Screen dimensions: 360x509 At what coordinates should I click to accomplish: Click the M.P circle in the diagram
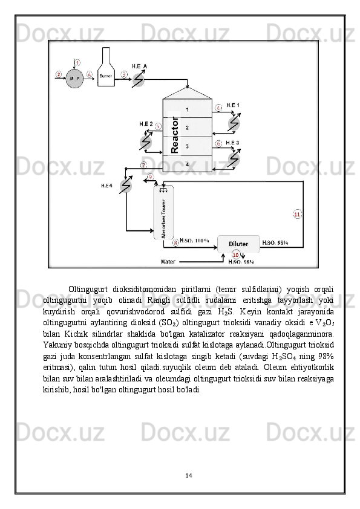click(75, 78)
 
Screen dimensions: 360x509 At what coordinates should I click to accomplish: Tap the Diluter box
click(238, 244)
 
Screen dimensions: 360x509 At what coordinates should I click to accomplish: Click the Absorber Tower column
click(163, 212)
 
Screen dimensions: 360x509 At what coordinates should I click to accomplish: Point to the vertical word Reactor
click(175, 135)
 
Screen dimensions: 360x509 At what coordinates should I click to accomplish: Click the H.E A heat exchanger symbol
click(138, 79)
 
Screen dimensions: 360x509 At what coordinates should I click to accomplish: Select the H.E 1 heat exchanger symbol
click(234, 122)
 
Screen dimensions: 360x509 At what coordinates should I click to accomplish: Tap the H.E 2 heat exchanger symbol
click(146, 141)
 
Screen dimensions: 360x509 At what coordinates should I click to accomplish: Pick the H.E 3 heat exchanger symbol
click(234, 158)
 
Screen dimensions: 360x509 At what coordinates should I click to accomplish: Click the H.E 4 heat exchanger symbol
click(126, 186)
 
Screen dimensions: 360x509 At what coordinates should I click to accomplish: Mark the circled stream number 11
click(297, 214)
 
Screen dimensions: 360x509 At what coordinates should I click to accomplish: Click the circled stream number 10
click(236, 255)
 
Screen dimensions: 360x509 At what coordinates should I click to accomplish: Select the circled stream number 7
click(143, 165)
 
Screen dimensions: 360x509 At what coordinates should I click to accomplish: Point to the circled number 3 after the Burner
click(125, 74)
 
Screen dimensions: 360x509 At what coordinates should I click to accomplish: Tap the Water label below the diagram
click(168, 262)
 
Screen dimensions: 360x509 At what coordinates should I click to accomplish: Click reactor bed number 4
click(188, 164)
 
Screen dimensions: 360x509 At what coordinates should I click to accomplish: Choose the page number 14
click(188, 476)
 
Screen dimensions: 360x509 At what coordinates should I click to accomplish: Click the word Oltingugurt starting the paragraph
click(88, 289)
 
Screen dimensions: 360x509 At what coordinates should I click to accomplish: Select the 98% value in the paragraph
click(326, 356)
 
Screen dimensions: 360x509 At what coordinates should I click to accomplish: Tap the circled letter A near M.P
click(90, 74)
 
